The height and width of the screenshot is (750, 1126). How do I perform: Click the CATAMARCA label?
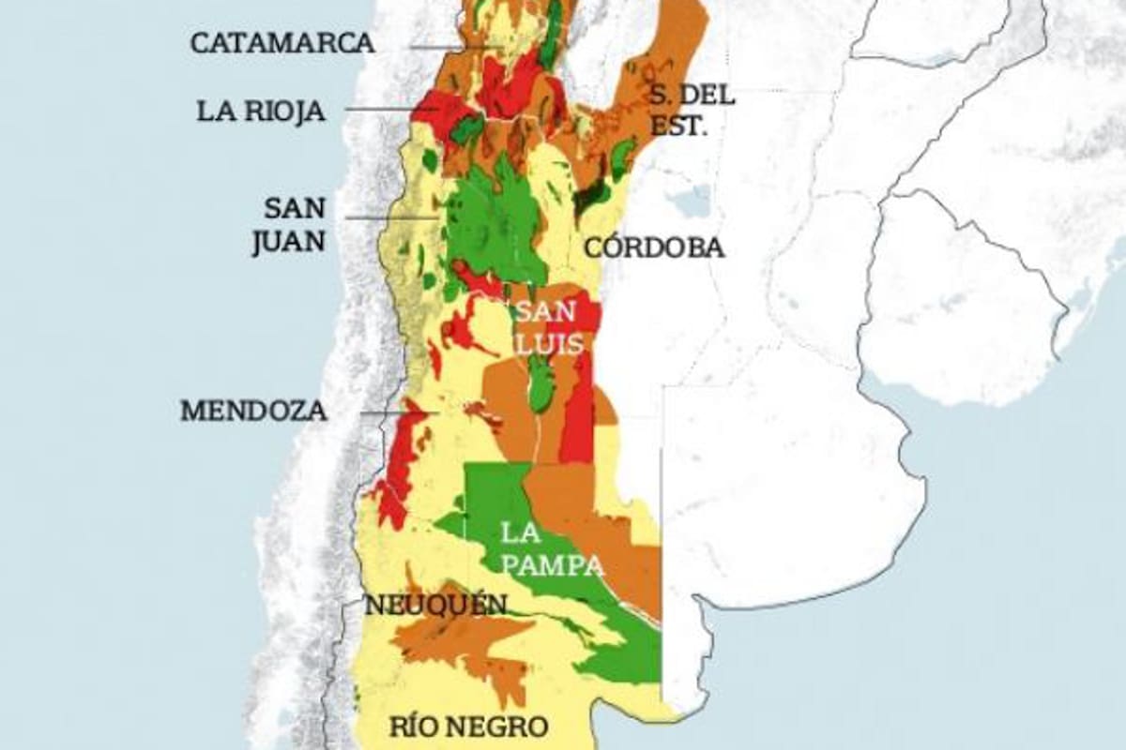tap(282, 43)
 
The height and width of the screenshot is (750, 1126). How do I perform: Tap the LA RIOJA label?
tap(261, 112)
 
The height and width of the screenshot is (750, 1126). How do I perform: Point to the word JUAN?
tap(288, 242)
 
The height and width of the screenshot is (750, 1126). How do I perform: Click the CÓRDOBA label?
tap(654, 248)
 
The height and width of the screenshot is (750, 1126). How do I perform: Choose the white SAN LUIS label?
tap(550, 328)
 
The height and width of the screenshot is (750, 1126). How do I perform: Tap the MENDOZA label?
tap(254, 411)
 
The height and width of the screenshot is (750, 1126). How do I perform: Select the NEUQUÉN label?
tap(436, 606)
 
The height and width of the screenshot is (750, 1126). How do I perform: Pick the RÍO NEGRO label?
tap(468, 726)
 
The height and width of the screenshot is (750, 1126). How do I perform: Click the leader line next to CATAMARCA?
tap(450, 47)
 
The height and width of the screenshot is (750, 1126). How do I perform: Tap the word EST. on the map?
tap(678, 125)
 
